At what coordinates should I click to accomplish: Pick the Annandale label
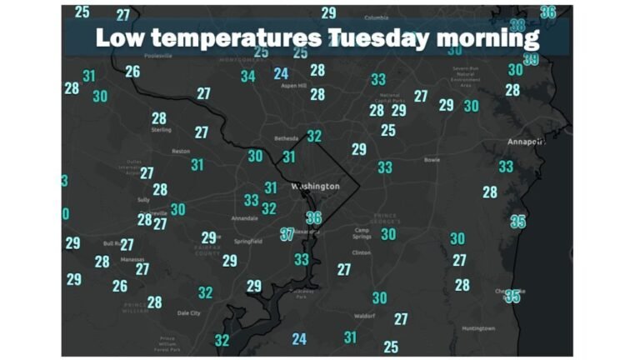(x=244, y=218)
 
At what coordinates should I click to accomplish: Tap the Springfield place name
(x=249, y=241)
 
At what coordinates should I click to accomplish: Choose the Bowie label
(x=431, y=159)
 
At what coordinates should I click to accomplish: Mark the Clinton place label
(x=362, y=252)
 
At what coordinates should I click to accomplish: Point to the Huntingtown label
(x=477, y=328)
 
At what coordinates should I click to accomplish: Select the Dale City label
(x=189, y=313)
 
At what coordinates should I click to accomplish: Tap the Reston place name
(x=181, y=152)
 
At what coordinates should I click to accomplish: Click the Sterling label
(x=161, y=130)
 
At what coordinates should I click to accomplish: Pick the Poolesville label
(x=157, y=56)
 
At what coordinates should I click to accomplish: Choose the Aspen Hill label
(x=293, y=86)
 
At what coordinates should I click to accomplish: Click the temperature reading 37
(x=287, y=234)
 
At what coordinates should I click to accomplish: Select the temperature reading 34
(x=247, y=77)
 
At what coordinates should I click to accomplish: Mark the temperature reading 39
(x=531, y=59)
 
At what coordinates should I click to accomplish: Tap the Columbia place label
(x=377, y=17)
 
